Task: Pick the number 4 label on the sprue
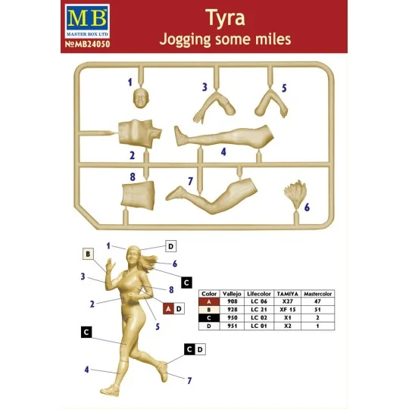click(x=223, y=151)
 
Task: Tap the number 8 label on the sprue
click(x=132, y=176)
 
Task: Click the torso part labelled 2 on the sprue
click(x=141, y=134)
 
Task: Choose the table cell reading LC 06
click(x=261, y=301)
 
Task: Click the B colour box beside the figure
click(x=88, y=254)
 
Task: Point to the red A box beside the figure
click(x=169, y=308)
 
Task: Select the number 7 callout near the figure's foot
click(x=188, y=379)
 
